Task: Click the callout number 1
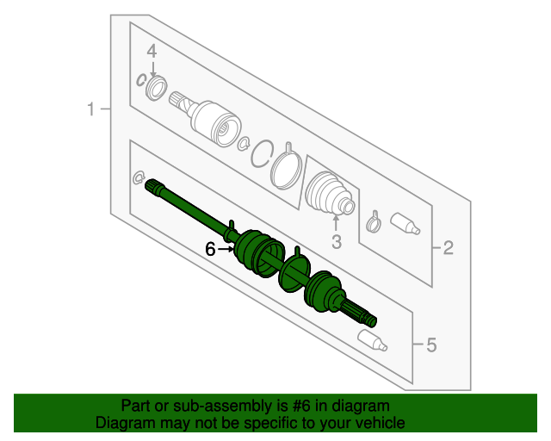pos(91,109)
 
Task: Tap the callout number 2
pos(449,248)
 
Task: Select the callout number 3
pos(337,242)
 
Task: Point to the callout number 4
pos(152,52)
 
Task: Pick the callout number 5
pos(431,345)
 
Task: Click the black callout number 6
pos(210,249)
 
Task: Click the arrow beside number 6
pos(226,249)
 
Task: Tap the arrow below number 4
pos(153,69)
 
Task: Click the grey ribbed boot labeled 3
pos(330,193)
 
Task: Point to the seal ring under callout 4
pos(157,88)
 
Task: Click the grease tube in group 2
pos(405,223)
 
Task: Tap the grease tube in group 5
pos(373,340)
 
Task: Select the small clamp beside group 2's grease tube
pos(374,222)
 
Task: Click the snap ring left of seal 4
pos(141,80)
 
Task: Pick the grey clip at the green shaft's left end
pos(138,177)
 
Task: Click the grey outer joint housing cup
pos(216,124)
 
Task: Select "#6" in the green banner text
pos(301,406)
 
